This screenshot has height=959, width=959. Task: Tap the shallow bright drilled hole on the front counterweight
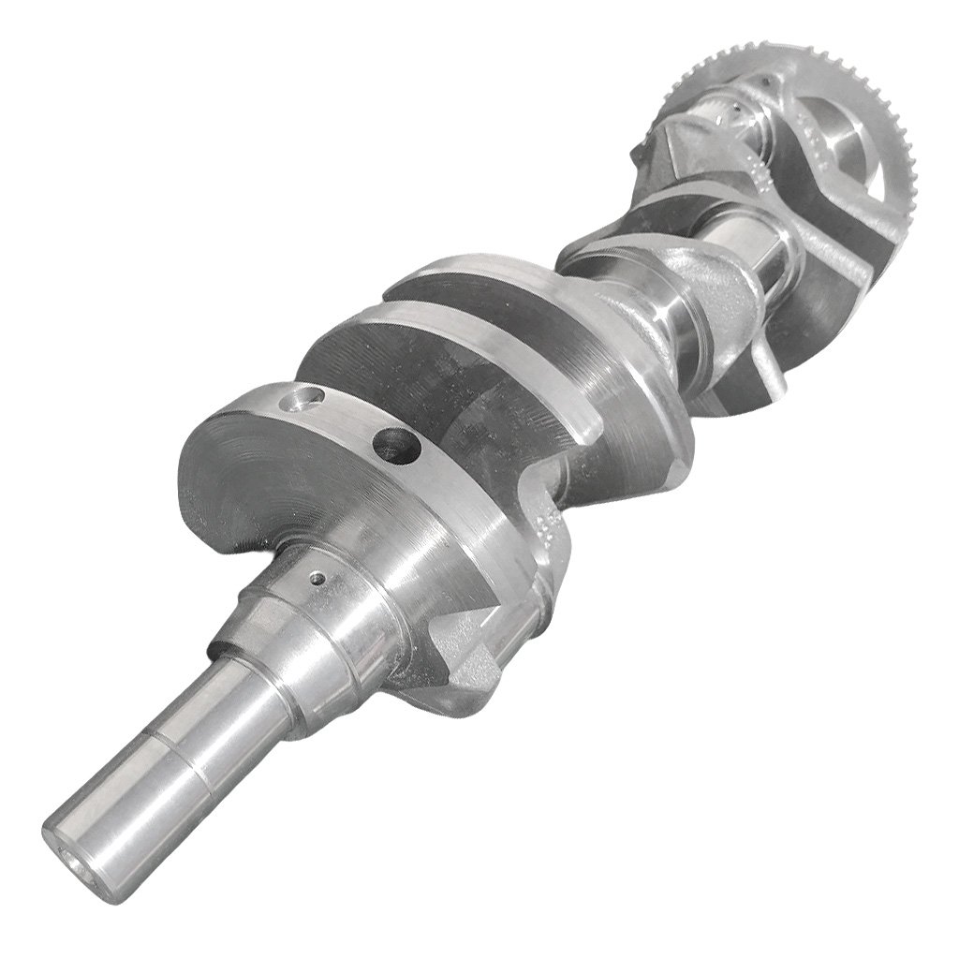click(x=302, y=405)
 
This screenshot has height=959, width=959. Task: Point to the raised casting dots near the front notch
click(x=549, y=510)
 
